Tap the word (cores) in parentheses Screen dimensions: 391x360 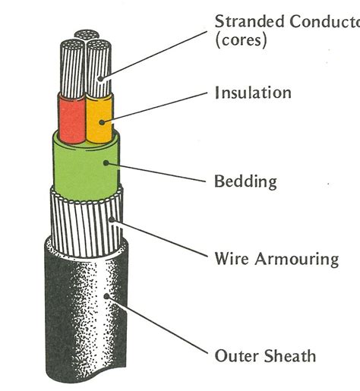coord(241,39)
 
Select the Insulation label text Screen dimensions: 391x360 coord(253,93)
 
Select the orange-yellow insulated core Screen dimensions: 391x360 coord(98,119)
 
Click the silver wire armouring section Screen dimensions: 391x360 coord(85,220)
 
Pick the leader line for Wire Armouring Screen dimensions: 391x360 coord(163,239)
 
